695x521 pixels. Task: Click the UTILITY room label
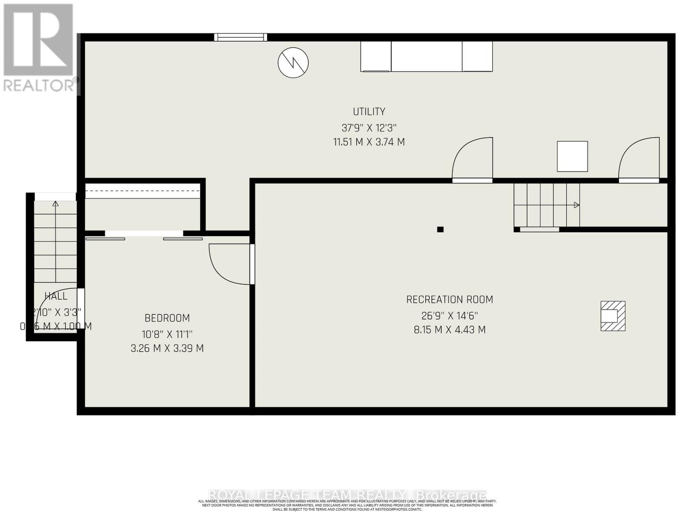pos(369,112)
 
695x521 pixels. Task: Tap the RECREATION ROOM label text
pos(450,300)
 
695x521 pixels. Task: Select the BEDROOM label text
pos(167,318)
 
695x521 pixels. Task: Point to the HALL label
pos(56,296)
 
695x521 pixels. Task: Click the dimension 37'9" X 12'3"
pos(369,128)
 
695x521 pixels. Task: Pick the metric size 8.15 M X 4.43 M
pos(450,330)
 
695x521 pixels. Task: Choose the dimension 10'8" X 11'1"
pos(167,335)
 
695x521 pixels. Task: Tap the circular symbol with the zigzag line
pos(293,63)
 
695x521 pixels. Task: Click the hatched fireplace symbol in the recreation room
pos(613,316)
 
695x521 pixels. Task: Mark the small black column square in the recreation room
pos(440,229)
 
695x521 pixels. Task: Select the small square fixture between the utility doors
pos(573,156)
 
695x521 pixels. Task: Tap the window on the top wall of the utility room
pos(241,37)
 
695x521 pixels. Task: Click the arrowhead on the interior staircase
pos(576,205)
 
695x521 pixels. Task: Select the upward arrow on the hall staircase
pos(55,204)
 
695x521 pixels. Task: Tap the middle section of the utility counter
pos(426,56)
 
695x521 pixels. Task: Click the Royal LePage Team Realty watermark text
pos(347,495)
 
